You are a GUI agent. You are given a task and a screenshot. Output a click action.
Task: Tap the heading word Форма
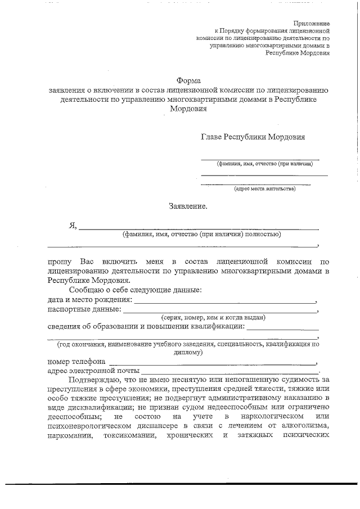point(188,81)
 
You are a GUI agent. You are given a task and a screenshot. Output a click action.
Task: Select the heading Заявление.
point(188,206)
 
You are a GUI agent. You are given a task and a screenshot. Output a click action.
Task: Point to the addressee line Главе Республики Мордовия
point(253,137)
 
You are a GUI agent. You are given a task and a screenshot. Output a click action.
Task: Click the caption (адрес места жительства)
point(264,188)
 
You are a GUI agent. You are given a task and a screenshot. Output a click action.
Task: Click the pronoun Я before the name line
point(72,226)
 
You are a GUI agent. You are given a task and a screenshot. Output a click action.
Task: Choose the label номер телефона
point(76,362)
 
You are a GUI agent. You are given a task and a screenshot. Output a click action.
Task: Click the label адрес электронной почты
point(93,371)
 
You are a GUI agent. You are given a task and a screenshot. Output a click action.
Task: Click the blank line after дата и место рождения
point(225,302)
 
